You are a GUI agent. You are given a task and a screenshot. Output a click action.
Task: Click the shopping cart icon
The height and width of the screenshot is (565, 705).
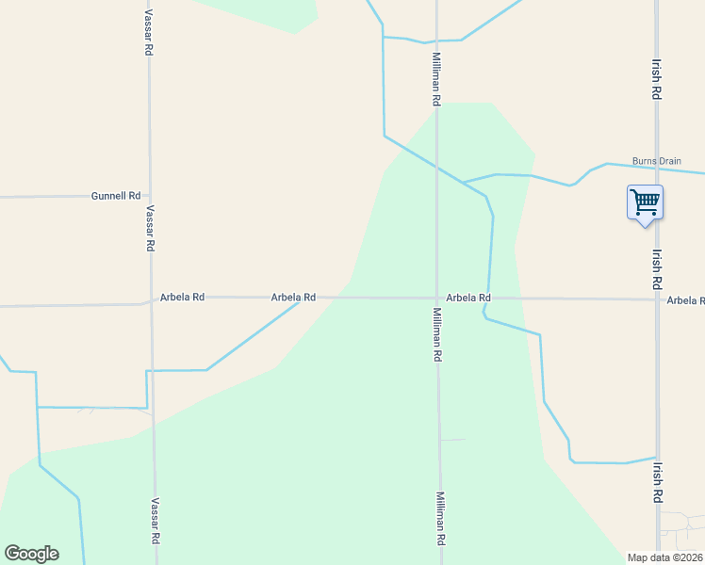point(645,202)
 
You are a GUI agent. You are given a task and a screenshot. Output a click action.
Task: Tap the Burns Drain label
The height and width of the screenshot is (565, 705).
point(657,161)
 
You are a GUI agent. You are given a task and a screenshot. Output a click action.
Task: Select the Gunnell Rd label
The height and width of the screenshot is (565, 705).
point(116,196)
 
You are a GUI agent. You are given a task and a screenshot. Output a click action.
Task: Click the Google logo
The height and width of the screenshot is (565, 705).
point(32,553)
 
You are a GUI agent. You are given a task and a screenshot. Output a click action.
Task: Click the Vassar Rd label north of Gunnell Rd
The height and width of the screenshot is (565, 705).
point(149,33)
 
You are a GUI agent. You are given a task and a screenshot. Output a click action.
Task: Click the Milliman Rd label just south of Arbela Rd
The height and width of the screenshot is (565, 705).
point(437,334)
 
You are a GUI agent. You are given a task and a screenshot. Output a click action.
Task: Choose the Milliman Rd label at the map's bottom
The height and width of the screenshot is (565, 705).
point(440,519)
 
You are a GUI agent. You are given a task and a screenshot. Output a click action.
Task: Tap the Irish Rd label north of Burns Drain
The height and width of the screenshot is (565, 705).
point(656,81)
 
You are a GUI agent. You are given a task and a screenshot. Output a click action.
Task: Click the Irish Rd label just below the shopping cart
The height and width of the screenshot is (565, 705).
point(657,267)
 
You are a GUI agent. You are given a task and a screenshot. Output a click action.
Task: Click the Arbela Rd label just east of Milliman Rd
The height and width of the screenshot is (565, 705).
point(468,298)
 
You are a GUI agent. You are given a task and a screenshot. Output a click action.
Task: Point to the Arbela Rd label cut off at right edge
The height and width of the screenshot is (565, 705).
point(685,300)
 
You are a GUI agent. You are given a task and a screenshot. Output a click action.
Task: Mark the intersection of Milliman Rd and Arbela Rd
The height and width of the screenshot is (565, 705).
point(436,298)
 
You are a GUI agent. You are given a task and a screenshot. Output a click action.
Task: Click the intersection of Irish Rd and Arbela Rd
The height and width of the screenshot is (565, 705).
point(657,299)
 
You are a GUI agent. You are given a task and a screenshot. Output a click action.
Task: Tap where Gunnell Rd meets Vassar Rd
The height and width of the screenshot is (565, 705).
point(149,196)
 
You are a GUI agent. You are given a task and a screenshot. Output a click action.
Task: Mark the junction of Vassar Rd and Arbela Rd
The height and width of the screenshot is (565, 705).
point(151,299)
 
